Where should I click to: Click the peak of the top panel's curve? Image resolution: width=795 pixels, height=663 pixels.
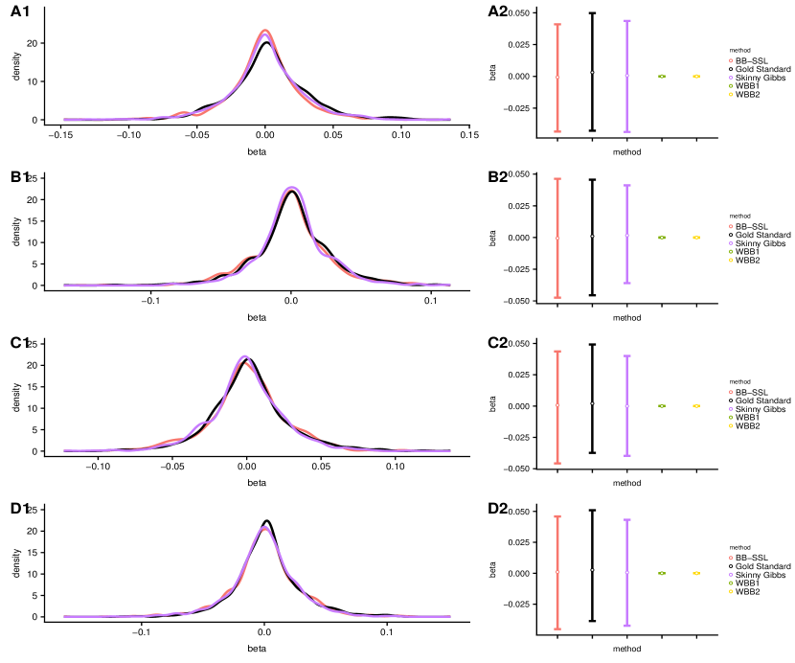coord(265,31)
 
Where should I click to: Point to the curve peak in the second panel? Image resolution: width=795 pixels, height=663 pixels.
coord(291,188)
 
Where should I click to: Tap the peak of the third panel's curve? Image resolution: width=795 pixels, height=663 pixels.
coord(245,357)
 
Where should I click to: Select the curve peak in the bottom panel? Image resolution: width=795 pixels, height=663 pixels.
coord(264,527)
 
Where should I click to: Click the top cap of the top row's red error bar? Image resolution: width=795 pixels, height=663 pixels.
coord(557,25)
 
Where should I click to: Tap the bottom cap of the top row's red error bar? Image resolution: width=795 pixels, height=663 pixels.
coord(557,131)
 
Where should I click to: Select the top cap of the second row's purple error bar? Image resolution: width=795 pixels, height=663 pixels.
coord(627,186)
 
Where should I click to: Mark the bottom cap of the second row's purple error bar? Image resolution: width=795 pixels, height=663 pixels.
coord(627,283)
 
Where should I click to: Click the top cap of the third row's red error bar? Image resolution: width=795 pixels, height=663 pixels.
coord(557,352)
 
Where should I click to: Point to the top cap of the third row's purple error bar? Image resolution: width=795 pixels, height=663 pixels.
coord(627,356)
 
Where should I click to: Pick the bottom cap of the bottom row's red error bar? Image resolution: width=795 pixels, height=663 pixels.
coord(557,629)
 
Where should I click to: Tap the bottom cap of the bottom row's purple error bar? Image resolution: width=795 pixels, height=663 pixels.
coord(627,625)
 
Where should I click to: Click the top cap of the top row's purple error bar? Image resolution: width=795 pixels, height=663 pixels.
coord(627,20)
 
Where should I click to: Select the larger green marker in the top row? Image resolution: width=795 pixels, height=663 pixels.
coord(662,76)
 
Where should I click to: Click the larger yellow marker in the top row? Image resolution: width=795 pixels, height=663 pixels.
coord(696,76)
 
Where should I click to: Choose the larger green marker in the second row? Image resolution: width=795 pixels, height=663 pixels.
coord(662,237)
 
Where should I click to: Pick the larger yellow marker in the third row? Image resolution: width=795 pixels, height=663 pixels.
coord(696,405)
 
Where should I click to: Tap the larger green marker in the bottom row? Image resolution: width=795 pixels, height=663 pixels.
coord(662,573)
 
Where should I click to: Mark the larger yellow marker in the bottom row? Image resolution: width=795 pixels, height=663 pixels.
coord(696,573)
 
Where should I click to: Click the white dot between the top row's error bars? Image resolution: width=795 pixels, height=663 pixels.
coord(592,72)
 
